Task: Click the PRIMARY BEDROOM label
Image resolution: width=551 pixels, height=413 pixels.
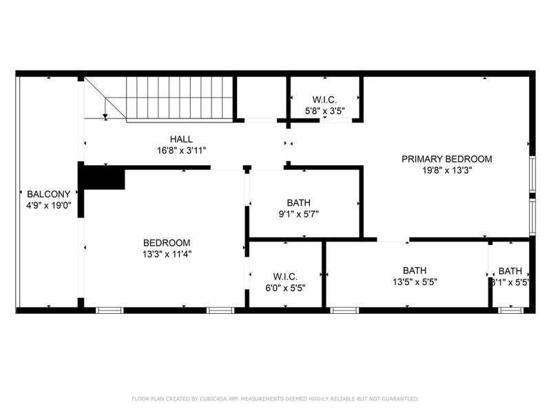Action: click(447, 158)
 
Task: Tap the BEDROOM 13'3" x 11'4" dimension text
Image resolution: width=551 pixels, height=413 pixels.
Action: click(167, 253)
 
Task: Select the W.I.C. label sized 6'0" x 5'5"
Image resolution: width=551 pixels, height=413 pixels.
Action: click(285, 276)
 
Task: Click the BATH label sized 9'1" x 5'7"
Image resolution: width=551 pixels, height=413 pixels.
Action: click(298, 202)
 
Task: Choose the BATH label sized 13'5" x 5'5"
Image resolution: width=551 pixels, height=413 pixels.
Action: click(415, 270)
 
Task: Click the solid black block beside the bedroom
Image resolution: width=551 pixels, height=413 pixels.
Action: click(103, 178)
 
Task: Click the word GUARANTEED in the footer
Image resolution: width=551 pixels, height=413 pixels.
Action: click(397, 399)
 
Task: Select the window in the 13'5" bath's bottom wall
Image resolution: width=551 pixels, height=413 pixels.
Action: click(344, 310)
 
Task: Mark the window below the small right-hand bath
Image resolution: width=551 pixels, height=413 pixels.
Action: click(510, 310)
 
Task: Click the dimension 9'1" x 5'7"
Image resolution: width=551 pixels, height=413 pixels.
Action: click(298, 213)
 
